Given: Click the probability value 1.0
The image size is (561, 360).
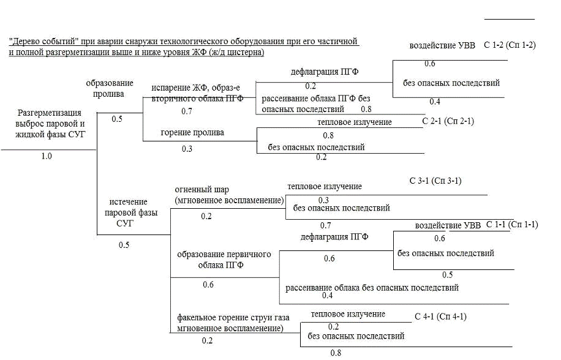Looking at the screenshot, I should click(47, 156).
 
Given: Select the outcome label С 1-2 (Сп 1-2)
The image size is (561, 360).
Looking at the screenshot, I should click(510, 45).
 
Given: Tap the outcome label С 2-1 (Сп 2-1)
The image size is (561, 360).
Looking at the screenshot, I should click(448, 121).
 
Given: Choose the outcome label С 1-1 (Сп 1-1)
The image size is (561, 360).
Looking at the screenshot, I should click(512, 225).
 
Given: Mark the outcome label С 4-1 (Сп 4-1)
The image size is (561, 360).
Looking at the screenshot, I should click(440, 317).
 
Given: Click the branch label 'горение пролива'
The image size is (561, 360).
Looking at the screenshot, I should click(192, 132).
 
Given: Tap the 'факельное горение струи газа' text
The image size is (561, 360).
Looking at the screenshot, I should click(233, 318).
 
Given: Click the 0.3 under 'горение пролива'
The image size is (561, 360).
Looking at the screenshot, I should click(187, 148).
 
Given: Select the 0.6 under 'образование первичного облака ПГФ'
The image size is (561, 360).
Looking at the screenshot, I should click(208, 284).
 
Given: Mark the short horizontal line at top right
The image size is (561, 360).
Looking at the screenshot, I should click(510, 19).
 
